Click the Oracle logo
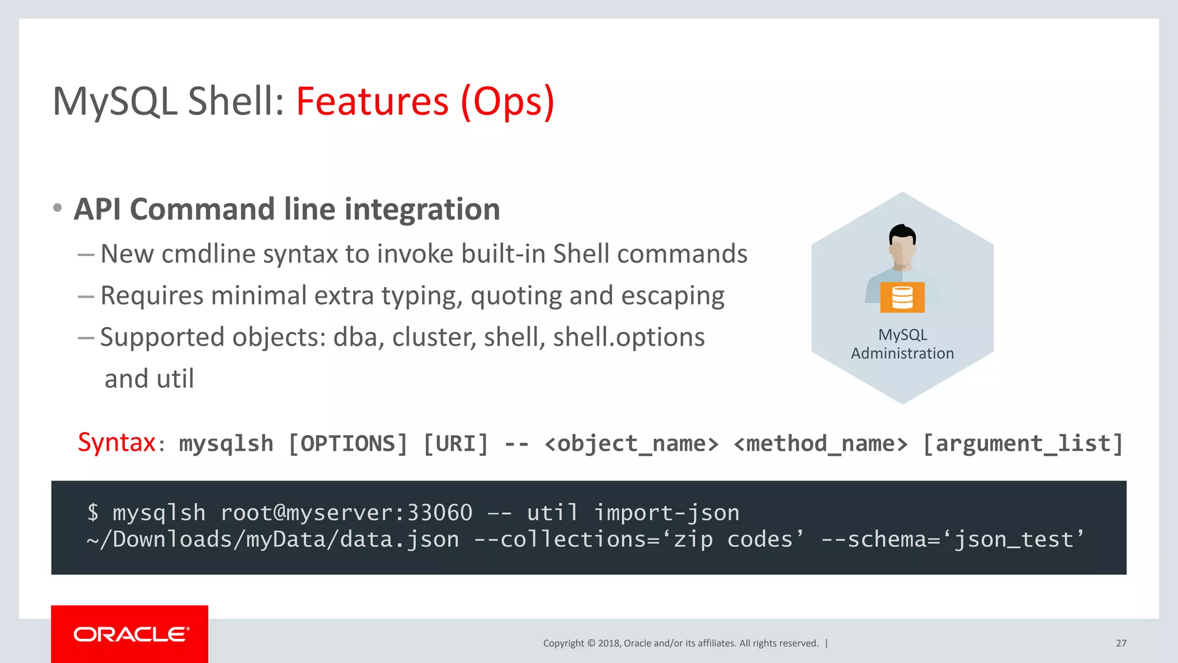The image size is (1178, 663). [131, 634]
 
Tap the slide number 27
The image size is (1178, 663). [1121, 643]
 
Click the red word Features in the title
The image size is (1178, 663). [372, 101]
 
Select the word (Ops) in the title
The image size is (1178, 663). [507, 101]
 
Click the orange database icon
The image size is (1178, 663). [902, 298]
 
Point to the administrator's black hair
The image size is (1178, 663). [902, 233]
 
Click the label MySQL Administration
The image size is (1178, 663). [902, 344]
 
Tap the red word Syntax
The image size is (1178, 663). [117, 443]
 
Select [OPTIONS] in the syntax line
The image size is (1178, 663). [347, 444]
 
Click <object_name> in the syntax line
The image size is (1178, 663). [631, 444]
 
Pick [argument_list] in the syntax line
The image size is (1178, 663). [1023, 444]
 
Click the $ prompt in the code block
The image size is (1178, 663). [93, 512]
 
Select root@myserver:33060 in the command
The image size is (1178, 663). [346, 512]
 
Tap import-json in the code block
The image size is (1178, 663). [667, 512]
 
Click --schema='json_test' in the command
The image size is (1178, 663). [952, 540]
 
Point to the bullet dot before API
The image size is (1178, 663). [57, 208]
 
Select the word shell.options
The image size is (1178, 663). [628, 337]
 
